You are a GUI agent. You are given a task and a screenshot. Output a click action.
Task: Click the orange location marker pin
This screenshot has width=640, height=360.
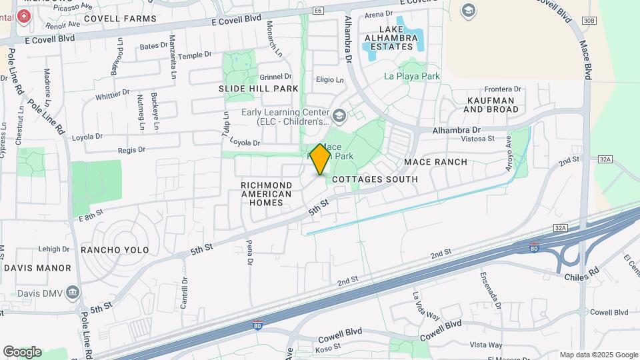click(321, 159)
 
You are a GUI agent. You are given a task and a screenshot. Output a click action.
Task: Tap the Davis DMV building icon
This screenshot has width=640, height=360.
click(73, 292)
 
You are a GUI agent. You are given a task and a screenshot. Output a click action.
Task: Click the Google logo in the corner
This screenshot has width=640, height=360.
click(22, 352)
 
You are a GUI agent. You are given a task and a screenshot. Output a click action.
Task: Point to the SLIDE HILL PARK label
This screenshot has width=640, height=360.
click(258, 89)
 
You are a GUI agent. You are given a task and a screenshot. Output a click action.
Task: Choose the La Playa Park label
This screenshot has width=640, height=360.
click(412, 76)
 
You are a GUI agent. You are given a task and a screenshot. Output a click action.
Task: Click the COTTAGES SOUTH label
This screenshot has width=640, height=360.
click(375, 179)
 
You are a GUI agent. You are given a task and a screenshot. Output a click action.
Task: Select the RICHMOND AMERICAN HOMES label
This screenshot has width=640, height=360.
click(266, 193)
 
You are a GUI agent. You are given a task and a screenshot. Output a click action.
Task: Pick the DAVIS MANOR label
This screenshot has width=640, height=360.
click(37, 268)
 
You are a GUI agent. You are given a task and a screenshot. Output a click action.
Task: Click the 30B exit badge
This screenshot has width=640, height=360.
click(588, 21)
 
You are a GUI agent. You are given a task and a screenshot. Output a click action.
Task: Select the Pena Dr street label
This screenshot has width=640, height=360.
click(250, 253)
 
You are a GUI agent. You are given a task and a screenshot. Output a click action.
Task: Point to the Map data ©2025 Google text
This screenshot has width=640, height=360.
click(599, 355)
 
